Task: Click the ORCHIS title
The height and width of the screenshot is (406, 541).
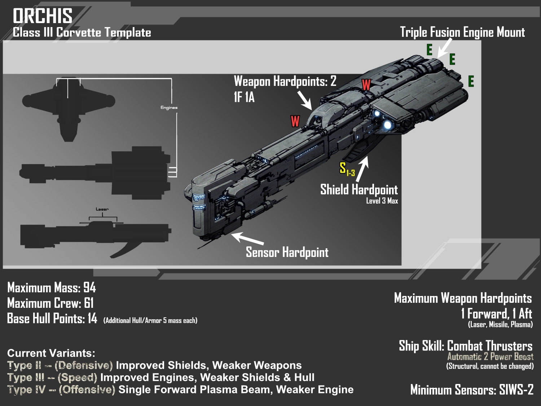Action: tap(43, 16)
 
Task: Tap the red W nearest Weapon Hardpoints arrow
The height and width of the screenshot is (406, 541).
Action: tap(295, 121)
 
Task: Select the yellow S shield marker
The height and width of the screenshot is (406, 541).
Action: tap(343, 168)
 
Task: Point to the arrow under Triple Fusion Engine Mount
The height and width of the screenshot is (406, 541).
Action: tap(444, 47)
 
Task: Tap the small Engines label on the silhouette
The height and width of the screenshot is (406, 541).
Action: tap(169, 108)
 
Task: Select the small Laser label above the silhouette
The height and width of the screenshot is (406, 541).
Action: tap(102, 209)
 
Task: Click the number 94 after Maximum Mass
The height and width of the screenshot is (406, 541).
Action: tap(89, 288)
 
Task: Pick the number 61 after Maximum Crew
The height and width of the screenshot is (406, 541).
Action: tap(88, 303)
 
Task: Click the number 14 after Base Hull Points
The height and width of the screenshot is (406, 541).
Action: tap(92, 318)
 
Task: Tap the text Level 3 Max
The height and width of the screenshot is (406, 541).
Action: tap(382, 201)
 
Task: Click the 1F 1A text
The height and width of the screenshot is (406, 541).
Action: tap(244, 97)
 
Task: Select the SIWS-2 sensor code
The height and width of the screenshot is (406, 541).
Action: tap(516, 390)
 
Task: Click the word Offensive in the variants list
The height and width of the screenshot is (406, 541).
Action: tap(87, 390)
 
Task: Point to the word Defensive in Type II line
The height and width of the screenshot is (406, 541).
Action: tap(84, 365)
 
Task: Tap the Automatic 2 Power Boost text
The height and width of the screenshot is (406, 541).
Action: tap(490, 357)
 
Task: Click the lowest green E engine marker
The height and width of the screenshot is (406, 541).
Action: tap(471, 81)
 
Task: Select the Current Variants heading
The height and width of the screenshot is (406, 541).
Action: tap(51, 353)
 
